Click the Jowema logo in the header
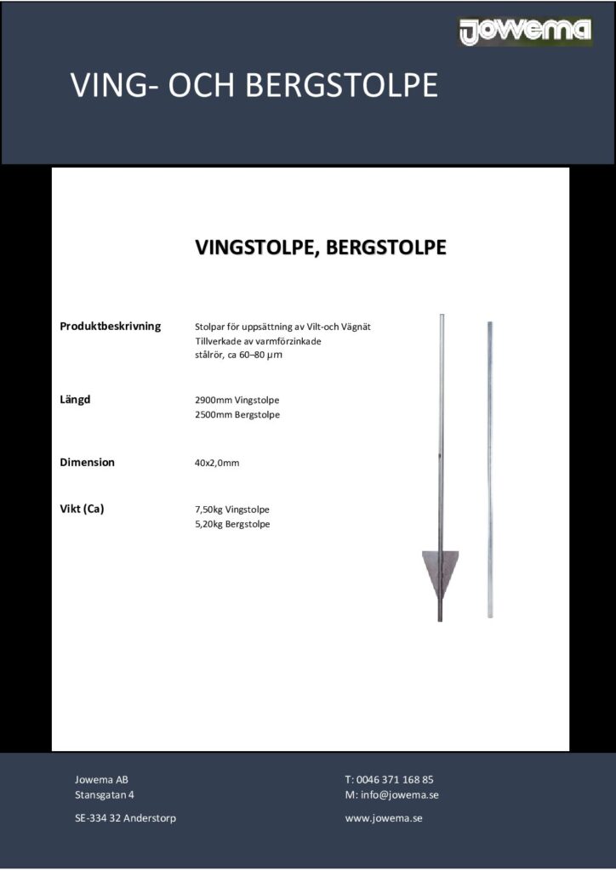point(525,32)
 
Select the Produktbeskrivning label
point(111,327)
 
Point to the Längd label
point(75,399)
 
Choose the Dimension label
point(87,463)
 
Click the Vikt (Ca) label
point(82,510)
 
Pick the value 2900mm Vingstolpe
point(237,400)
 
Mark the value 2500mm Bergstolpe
point(237,415)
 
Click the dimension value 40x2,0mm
point(217,464)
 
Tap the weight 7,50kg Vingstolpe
point(232,510)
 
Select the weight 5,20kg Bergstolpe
point(232,525)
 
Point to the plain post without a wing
point(489,468)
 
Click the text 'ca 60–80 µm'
point(254,356)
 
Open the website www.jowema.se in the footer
point(384,818)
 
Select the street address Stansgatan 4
point(105,795)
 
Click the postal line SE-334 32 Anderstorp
point(126,818)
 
